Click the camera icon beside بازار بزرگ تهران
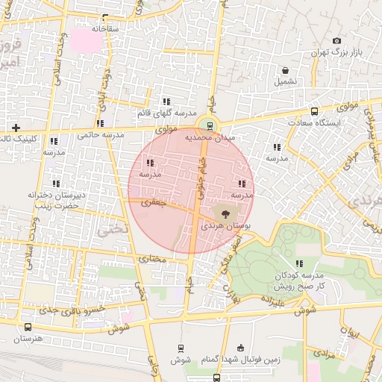click(336, 40)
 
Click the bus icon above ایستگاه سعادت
click(314, 110)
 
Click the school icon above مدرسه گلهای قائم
click(166, 101)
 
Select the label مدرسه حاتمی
click(100, 135)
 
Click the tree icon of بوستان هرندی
click(226, 214)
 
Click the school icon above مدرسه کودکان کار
click(300, 263)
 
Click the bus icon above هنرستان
click(28, 327)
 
